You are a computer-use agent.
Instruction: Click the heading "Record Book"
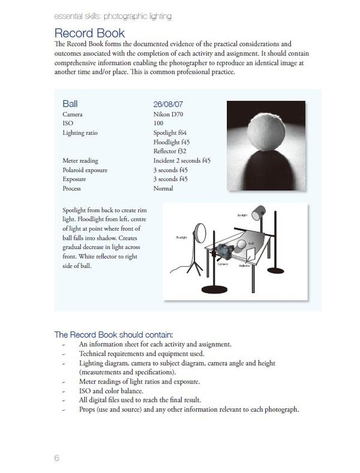coord(89,32)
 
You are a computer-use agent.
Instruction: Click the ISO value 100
coord(159,123)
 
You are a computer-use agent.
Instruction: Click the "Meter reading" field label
coord(80,161)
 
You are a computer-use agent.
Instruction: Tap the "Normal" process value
coord(163,188)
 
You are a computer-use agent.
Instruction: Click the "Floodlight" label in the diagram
coord(182,237)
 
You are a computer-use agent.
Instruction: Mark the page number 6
coord(56,458)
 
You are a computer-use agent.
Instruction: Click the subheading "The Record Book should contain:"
coord(113,335)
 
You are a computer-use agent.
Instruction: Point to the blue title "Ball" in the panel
coord(70,104)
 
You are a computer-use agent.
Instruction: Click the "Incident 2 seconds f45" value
coord(182,161)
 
